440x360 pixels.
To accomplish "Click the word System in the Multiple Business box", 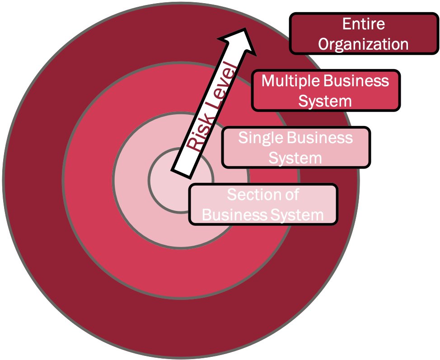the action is pos(325,101).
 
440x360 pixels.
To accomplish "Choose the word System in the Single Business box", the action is pos(295,158).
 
